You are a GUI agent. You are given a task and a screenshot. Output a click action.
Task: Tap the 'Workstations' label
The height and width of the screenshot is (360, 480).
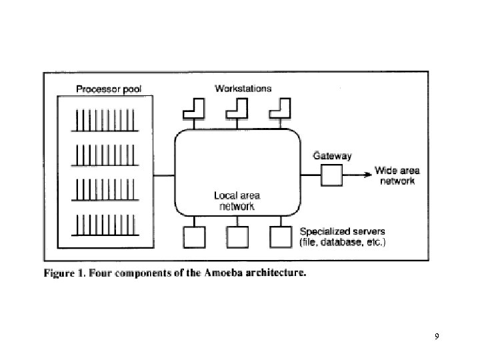pyautogui.click(x=243, y=88)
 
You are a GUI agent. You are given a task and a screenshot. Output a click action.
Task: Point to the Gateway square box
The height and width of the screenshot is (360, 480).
pyautogui.click(x=331, y=175)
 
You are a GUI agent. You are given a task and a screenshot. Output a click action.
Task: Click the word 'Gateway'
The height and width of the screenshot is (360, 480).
pyautogui.click(x=332, y=156)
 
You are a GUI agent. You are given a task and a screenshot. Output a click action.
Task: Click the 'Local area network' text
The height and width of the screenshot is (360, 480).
pyautogui.click(x=237, y=201)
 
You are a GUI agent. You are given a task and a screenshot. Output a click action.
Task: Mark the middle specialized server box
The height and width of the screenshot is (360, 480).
pyautogui.click(x=237, y=237)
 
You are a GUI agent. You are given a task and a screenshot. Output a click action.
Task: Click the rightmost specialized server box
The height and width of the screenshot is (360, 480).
pyautogui.click(x=281, y=237)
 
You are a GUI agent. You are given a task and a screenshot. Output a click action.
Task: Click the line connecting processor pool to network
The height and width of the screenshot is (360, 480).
pyautogui.click(x=165, y=175)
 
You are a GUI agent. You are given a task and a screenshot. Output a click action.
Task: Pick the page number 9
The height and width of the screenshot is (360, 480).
pyautogui.click(x=436, y=336)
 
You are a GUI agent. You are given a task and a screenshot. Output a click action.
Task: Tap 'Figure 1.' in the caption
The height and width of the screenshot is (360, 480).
pyautogui.click(x=65, y=273)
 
